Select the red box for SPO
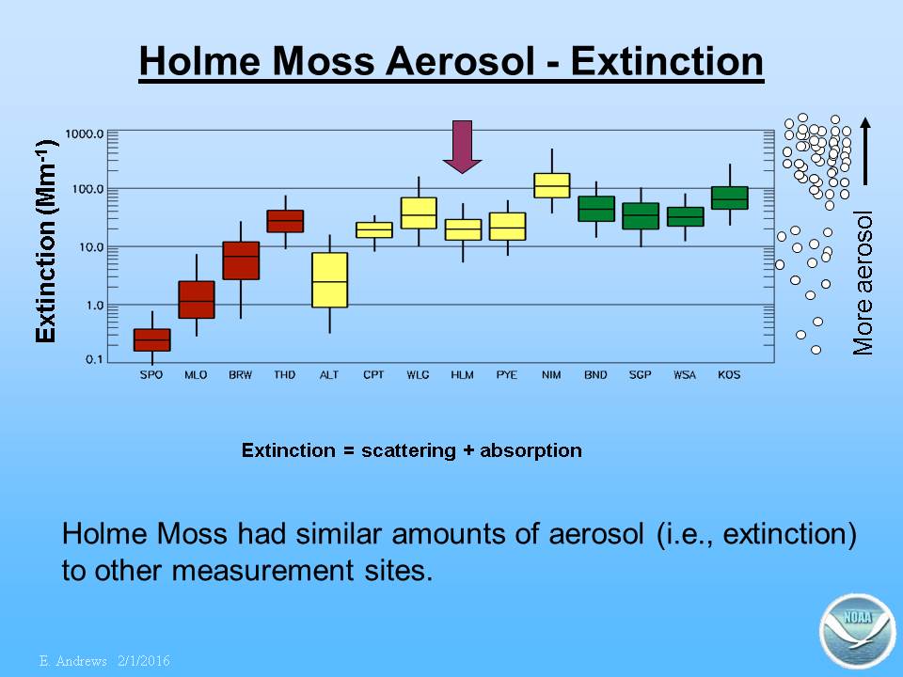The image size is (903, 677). pos(152,339)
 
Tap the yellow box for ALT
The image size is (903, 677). pos(329,280)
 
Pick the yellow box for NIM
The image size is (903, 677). pos(552,185)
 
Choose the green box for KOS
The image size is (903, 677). pos(730,197)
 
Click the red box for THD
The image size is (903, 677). pos(285,221)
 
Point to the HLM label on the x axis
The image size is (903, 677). pos(462,375)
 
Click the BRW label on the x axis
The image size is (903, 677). pos(240,375)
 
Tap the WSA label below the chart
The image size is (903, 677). pos(685,375)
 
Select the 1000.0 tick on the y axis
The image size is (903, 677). pos(84,134)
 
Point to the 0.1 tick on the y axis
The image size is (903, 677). pos(94,359)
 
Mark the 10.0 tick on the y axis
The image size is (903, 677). pos(88,247)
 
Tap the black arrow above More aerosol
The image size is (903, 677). pos(865,150)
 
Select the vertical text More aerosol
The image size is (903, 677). pos(863,283)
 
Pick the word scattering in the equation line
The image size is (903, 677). pos(408,450)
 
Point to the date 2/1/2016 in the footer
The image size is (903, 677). pos(144,660)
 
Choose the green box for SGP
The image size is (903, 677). pos(641,216)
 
